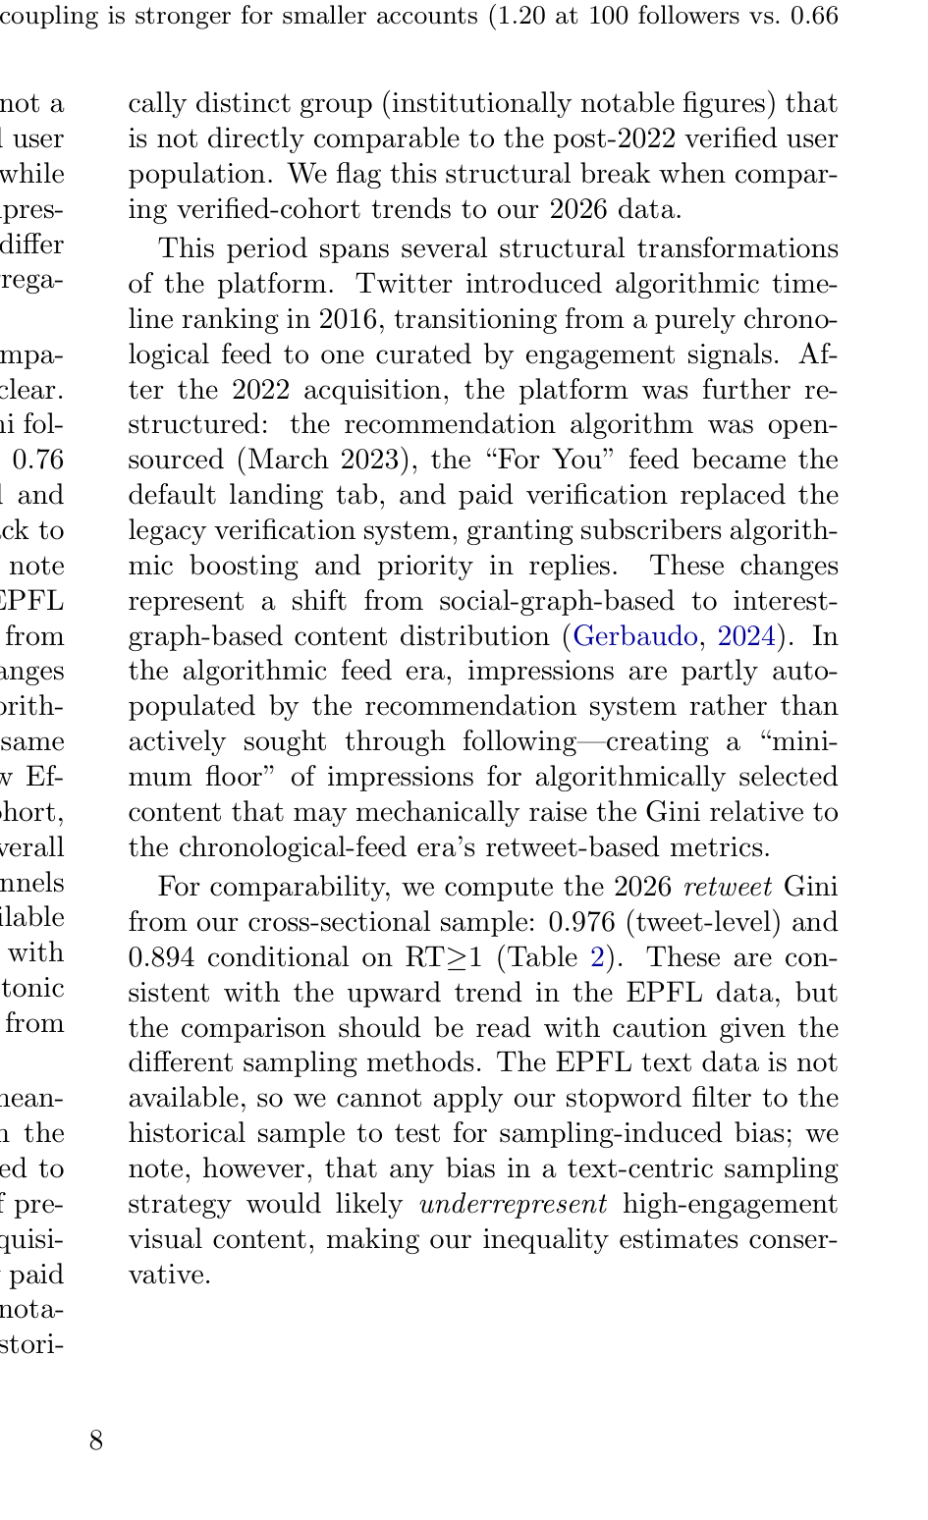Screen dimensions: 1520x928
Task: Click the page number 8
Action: pyautogui.click(x=95, y=1440)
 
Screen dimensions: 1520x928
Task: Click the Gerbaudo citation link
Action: pyautogui.click(x=634, y=636)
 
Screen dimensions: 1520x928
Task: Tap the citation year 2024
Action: pyautogui.click(x=746, y=636)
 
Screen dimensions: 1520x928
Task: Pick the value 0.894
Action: pyautogui.click(x=163, y=957)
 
